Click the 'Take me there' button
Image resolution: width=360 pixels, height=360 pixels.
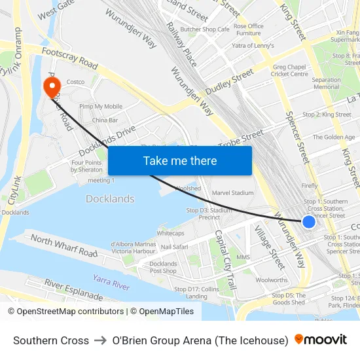pos(180,160)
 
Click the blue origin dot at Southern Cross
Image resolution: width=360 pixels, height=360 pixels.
pos(309,222)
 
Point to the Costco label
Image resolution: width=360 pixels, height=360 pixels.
pos(76,82)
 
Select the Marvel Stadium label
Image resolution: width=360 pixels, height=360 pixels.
pos(232,193)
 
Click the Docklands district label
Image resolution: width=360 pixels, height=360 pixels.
pos(110,199)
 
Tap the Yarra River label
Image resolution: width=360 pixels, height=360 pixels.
pos(111,282)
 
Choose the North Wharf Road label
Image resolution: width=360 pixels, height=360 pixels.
pos(64,245)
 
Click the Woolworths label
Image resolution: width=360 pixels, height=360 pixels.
pos(271,279)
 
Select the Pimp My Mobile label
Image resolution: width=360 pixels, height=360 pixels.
pos(101,106)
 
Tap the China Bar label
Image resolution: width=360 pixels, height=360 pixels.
pos(105,120)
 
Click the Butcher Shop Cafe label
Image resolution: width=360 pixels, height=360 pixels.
pos(205,29)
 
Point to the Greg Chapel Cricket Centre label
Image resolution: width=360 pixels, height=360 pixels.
pos(290,70)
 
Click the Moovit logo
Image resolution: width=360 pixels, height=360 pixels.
pos(320,340)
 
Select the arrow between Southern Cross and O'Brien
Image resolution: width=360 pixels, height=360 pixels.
pos(101,340)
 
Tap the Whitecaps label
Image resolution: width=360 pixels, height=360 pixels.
pos(171,233)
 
